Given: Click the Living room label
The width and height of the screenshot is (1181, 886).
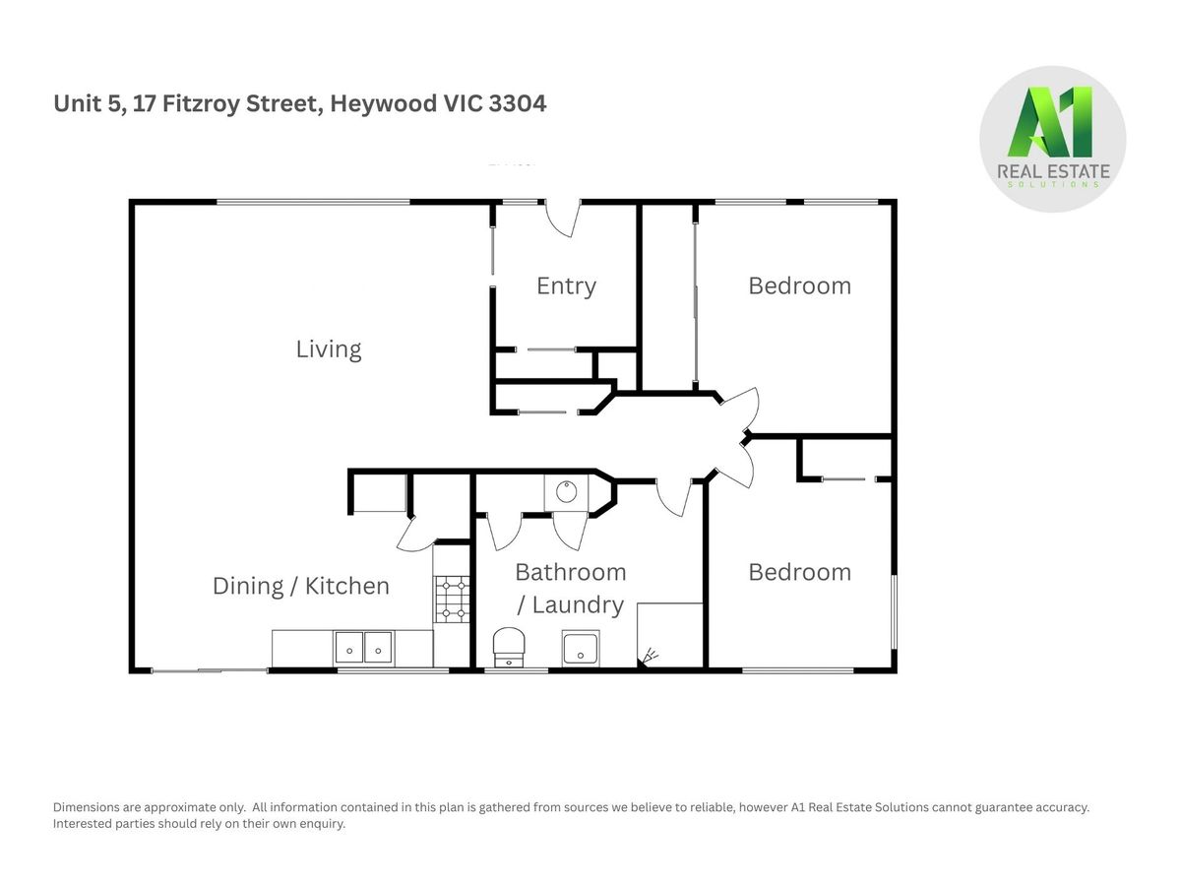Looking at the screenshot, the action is tap(328, 348).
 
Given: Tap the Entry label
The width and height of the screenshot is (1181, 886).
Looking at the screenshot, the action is tap(566, 286).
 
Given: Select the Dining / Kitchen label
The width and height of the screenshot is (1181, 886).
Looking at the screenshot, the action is tap(301, 586).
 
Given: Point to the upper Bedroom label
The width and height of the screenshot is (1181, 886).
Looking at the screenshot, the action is tap(799, 285).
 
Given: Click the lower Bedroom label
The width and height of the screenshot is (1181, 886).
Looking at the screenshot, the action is tap(799, 572).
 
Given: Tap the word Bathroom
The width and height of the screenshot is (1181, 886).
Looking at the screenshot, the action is tap(570, 572).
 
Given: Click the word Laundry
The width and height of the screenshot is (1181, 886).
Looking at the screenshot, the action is tap(578, 604).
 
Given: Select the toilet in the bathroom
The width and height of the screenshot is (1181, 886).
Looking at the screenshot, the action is tap(509, 647).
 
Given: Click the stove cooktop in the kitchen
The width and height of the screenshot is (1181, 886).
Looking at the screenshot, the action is tap(452, 600).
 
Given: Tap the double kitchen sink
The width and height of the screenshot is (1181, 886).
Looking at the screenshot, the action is tap(364, 647).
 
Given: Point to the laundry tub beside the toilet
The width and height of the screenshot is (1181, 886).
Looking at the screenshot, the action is tap(581, 649).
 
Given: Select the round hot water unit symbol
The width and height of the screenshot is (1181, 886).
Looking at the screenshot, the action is tap(566, 491).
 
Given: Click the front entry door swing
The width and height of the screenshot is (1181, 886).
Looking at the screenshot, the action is tap(562, 219).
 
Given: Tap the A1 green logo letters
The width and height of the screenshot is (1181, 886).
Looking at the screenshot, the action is tap(1050, 122).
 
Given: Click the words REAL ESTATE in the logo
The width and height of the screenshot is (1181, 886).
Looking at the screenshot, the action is tap(1053, 171).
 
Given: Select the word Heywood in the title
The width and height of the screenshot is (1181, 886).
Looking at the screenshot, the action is tap(383, 103).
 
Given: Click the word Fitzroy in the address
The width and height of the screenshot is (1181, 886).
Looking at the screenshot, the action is tap(201, 103).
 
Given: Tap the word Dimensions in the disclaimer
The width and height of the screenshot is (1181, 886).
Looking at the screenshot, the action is tap(86, 807).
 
